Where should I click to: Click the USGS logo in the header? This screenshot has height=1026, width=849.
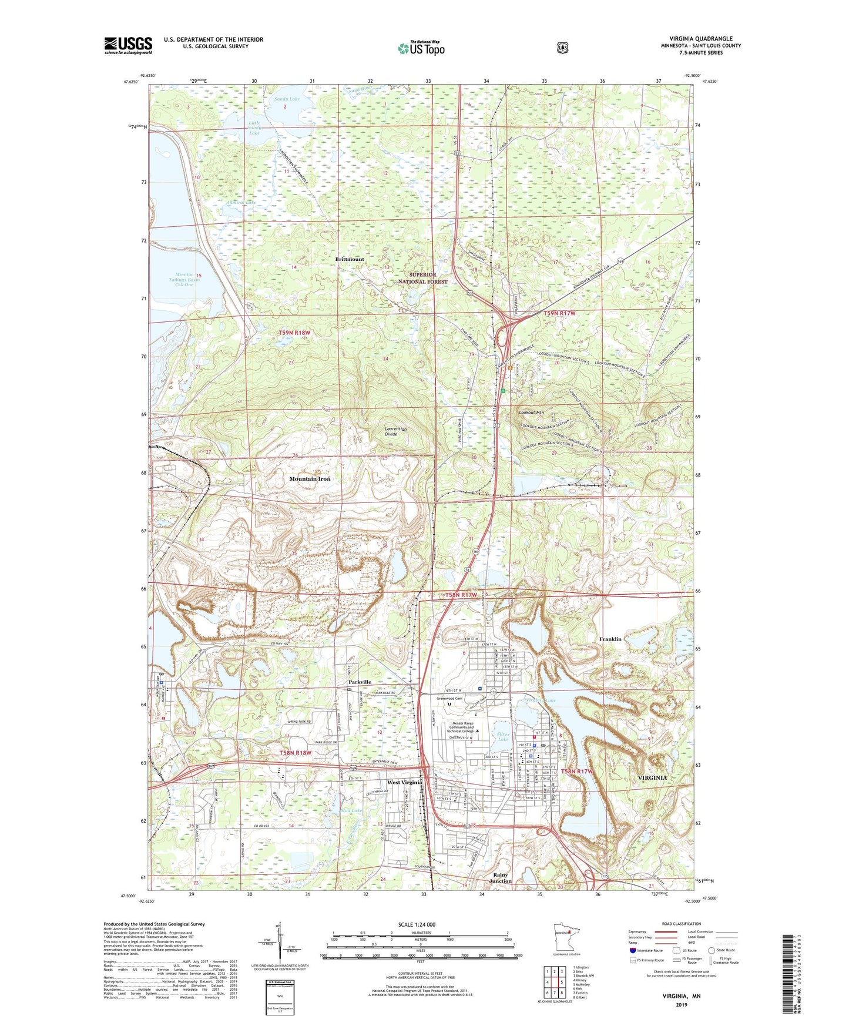click(x=128, y=45)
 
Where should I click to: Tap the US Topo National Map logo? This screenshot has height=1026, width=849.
click(x=421, y=48)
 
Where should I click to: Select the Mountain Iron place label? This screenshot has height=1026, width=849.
click(x=310, y=479)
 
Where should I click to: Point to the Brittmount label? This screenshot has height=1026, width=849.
click(x=350, y=259)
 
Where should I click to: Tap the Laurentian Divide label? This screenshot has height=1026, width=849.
click(x=395, y=431)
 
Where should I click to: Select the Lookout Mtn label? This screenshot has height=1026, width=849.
click(x=532, y=413)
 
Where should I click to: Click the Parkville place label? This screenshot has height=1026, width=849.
click(x=360, y=682)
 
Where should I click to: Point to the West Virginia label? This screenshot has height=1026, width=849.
click(x=404, y=783)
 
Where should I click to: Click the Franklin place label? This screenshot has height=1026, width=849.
click(x=610, y=639)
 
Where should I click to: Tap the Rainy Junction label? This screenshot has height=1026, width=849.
click(x=501, y=878)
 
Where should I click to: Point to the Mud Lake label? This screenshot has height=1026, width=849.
click(x=351, y=810)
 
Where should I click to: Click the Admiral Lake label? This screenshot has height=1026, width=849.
click(x=241, y=203)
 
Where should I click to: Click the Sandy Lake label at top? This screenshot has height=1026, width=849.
click(x=286, y=99)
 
